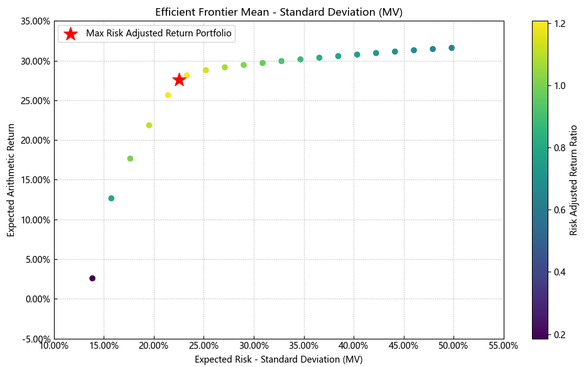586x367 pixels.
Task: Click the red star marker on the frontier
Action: (x=179, y=80)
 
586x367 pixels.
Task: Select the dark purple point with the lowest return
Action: (x=92, y=278)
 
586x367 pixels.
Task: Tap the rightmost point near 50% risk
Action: (x=452, y=48)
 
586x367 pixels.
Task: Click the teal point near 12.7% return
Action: (x=111, y=198)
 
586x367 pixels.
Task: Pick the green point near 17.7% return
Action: (x=130, y=159)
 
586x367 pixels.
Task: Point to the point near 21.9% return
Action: (x=149, y=125)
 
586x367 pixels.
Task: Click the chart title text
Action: (x=279, y=12)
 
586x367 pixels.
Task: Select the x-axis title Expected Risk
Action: (x=279, y=359)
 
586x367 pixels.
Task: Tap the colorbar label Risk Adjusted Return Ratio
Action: (x=573, y=180)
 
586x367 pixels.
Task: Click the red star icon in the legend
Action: (x=71, y=34)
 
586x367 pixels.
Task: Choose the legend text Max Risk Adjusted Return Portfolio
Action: (x=159, y=34)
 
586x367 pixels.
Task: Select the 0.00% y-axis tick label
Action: (x=35, y=299)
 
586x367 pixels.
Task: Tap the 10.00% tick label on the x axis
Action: (x=54, y=346)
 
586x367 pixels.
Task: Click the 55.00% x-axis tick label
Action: (x=503, y=346)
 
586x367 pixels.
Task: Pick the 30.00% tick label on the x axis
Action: (x=254, y=346)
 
